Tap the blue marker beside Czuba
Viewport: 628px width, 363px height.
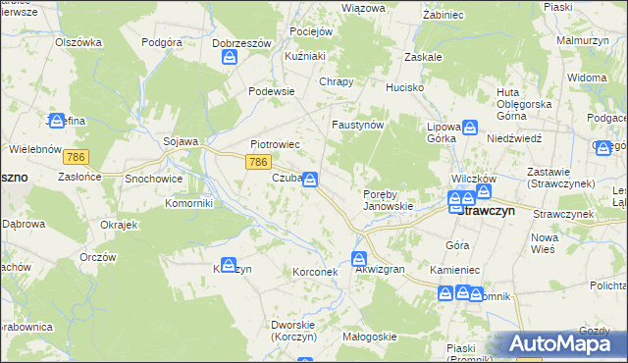(310, 180)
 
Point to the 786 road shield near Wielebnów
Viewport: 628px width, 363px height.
(76, 156)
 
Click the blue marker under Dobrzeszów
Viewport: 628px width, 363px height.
(230, 58)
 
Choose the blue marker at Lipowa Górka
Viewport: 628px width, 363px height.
(470, 128)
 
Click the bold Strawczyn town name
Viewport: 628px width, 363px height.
(496, 210)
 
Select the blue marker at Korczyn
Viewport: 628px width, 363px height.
(229, 265)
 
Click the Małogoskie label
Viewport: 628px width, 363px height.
(369, 337)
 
